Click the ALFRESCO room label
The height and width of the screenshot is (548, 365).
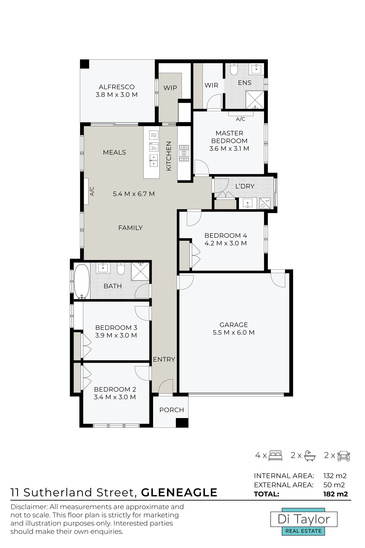117,87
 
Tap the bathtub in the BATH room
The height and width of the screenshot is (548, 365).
82,281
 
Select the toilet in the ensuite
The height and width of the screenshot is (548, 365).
234,69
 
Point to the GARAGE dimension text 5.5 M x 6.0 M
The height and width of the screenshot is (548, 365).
234,333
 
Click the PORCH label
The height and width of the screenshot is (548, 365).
172,410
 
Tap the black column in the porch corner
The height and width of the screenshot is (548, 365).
182,423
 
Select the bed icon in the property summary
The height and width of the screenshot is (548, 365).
275,455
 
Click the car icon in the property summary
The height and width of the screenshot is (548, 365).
344,456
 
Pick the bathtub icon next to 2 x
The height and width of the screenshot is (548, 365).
310,456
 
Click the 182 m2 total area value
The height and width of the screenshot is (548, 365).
335,494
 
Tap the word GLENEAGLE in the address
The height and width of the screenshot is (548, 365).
179,492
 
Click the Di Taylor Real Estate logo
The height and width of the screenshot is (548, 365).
304,522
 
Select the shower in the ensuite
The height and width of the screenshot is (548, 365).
255,100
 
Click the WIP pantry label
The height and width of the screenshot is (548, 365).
170,88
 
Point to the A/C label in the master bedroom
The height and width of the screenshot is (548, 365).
241,119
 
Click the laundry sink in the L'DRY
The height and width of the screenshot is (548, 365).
248,203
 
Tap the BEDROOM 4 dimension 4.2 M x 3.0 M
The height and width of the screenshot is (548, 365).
226,243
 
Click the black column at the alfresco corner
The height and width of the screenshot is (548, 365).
85,64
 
